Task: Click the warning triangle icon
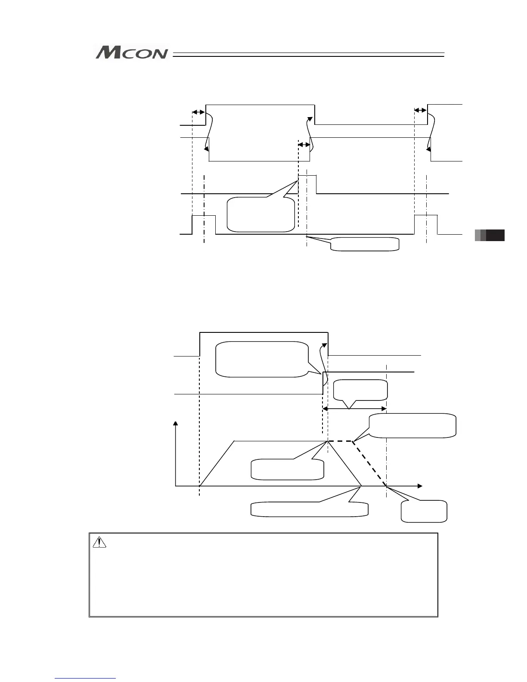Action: tap(99, 542)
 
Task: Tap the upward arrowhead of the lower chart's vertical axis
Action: tap(175, 424)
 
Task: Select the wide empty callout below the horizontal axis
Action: tap(309, 509)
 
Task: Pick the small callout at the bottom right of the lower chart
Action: tap(424, 512)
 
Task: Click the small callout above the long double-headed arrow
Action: tap(360, 390)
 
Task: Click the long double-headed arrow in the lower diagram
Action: tap(355, 409)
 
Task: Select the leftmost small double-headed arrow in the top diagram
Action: tap(198, 112)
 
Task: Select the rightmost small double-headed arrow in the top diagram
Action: tap(420, 111)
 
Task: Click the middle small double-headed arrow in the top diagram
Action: tap(304, 145)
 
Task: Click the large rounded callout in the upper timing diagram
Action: tap(261, 214)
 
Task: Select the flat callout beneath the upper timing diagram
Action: tap(365, 244)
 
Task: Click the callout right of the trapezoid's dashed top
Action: tap(413, 425)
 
